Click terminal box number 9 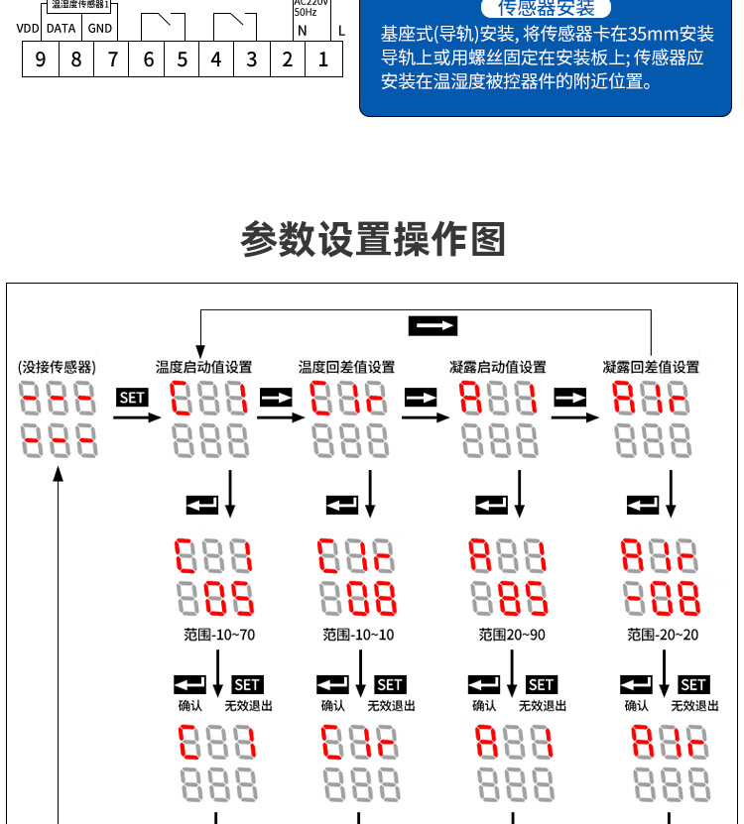(41, 59)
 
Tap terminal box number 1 (323, 59)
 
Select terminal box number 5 (182, 59)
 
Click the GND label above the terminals (100, 29)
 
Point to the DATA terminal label (62, 29)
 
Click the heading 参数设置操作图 (373, 239)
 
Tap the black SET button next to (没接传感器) (132, 398)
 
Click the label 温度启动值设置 (204, 367)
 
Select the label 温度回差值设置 (347, 367)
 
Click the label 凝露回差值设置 (651, 367)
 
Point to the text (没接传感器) (58, 367)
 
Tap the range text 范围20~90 (512, 635)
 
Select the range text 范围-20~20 (663, 635)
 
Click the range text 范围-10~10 (358, 635)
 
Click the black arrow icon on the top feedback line (433, 325)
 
